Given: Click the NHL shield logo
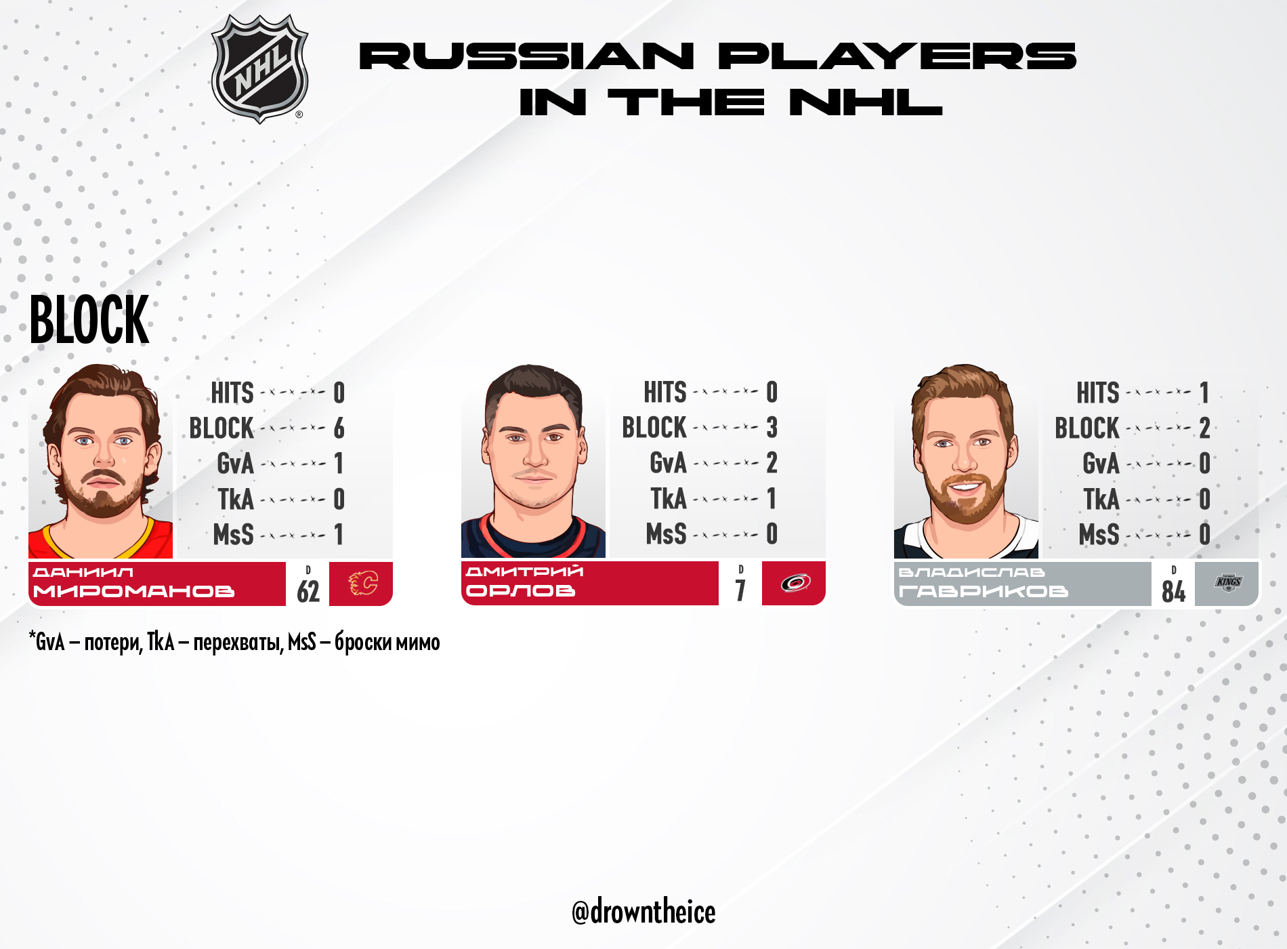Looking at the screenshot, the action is tap(259, 68).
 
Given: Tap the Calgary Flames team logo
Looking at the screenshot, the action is tap(362, 583).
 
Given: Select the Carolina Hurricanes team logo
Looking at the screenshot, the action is tap(795, 582).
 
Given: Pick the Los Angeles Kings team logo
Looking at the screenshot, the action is tap(1228, 582).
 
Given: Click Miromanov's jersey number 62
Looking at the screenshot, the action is tap(308, 591).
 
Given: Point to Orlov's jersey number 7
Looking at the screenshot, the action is tap(740, 590).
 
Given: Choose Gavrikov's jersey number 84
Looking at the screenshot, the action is tap(1174, 591).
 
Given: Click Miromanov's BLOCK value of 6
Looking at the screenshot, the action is tap(339, 428).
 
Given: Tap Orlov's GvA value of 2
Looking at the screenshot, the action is tap(772, 463).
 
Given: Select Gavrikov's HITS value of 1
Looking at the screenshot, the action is tap(1204, 393).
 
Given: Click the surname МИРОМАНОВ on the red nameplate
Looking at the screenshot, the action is tap(133, 592).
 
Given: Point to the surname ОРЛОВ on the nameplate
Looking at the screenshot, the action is tap(520, 591).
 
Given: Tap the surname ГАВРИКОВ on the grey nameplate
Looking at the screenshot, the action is tap(983, 592).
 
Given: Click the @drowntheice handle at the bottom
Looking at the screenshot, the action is tap(643, 912).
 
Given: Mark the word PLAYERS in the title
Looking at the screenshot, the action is tap(897, 56).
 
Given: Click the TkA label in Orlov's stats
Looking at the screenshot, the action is tap(669, 499).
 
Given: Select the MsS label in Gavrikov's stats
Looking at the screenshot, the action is tap(1099, 535).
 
